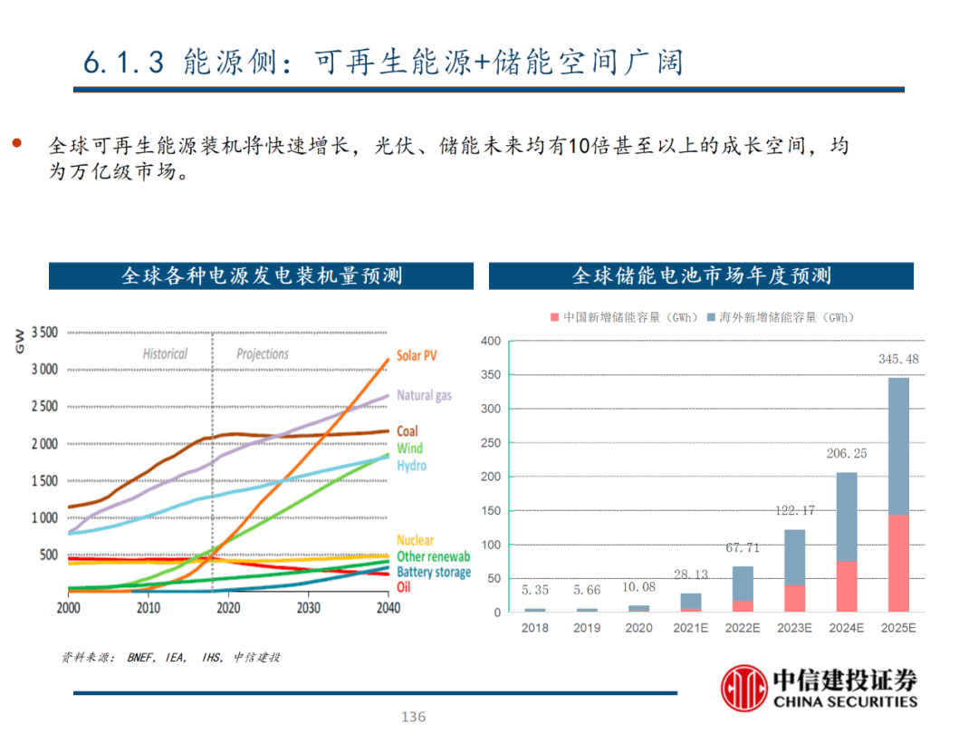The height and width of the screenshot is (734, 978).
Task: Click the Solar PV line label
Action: click(417, 355)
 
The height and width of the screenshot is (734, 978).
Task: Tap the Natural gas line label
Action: click(424, 395)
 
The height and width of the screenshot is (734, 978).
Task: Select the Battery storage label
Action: click(434, 572)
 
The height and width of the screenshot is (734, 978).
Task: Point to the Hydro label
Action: click(411, 466)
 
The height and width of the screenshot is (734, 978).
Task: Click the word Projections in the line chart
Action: click(263, 353)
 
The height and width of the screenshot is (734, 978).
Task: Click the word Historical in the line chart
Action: click(165, 353)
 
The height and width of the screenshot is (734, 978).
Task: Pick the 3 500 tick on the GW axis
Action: click(44, 333)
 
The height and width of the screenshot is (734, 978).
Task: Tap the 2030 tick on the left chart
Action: click(308, 608)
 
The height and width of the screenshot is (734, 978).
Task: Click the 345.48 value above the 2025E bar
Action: click(898, 359)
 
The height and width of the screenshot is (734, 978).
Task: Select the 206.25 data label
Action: click(847, 453)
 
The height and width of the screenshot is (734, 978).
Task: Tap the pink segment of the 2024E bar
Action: click(847, 586)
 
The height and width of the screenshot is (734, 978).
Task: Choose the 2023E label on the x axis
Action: click(794, 627)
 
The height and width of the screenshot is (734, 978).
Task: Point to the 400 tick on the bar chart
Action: click(490, 342)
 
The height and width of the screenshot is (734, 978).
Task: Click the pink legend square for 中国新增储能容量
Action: click(554, 318)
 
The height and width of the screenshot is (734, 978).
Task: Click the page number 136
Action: click(413, 717)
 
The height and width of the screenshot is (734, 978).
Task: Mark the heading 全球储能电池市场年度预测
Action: click(701, 275)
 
